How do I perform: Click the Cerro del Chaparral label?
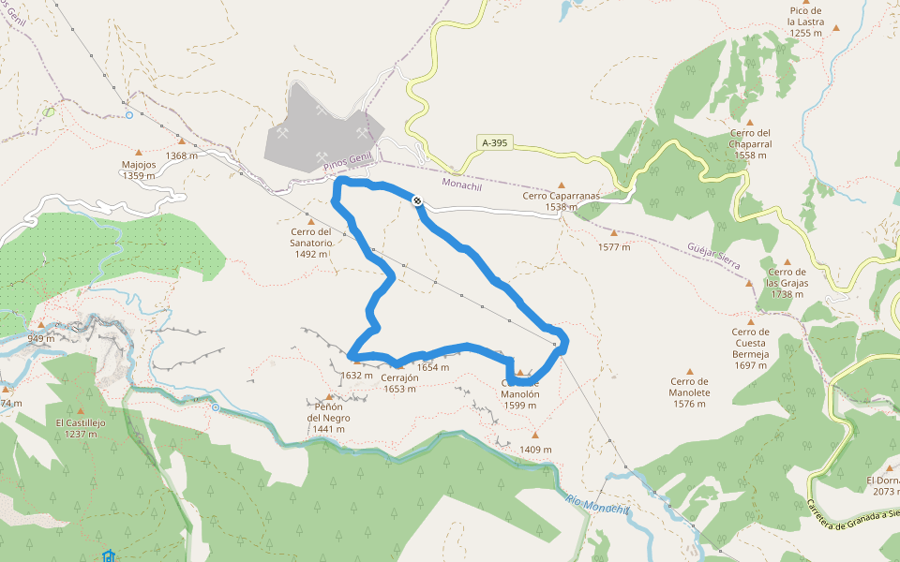(750, 143)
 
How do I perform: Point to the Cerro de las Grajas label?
(786, 283)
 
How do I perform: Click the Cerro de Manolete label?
(690, 386)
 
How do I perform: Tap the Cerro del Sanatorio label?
(311, 243)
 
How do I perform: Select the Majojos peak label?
(139, 170)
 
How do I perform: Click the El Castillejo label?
(81, 428)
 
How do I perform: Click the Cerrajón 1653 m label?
(399, 383)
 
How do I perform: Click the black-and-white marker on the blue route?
(416, 200)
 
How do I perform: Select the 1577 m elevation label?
(614, 247)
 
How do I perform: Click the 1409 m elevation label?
(535, 450)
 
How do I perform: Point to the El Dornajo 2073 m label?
(881, 485)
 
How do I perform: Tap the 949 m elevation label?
(41, 338)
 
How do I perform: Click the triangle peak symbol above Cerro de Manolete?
(690, 370)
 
